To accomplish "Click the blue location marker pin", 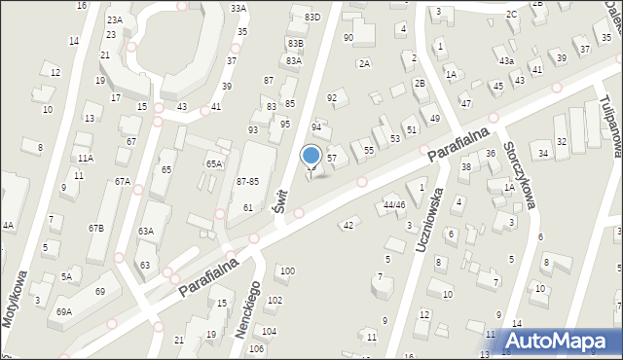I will [x=311, y=157].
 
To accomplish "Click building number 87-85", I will [x=247, y=182].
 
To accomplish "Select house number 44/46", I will [x=394, y=205].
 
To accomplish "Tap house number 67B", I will [x=96, y=228].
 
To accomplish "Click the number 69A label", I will [x=64, y=311].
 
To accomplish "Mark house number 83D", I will [x=311, y=18].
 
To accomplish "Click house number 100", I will [x=287, y=270].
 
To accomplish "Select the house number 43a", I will [x=506, y=60].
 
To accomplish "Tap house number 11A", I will [x=86, y=158].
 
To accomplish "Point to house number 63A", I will [x=146, y=231].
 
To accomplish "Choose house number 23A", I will [x=115, y=19].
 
